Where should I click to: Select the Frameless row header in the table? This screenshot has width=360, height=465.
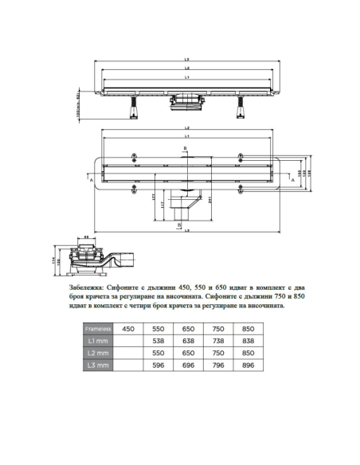point(99,327)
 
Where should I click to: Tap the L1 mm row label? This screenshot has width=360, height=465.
point(99,339)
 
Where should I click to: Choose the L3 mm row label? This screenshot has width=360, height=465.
point(99,364)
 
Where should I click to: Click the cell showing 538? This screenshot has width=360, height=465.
point(158,339)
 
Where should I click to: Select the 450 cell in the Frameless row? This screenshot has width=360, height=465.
point(128,327)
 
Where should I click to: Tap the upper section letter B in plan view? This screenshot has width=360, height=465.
point(185,148)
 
